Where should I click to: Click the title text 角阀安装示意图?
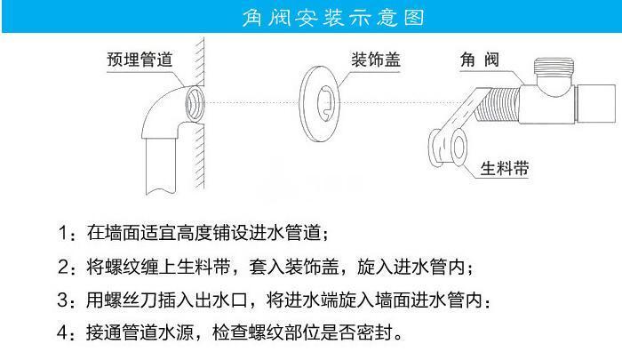click(311, 17)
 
